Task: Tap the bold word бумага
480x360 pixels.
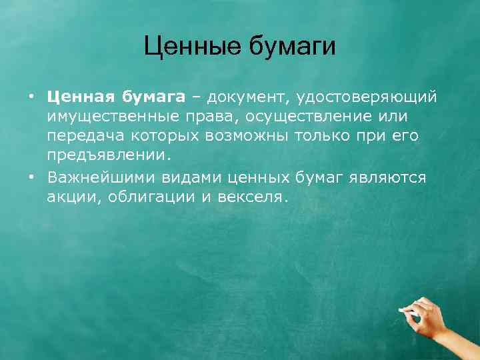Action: [154, 97]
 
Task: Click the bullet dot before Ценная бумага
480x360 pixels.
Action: [31, 97]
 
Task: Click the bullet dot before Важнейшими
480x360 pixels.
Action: [31, 178]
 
